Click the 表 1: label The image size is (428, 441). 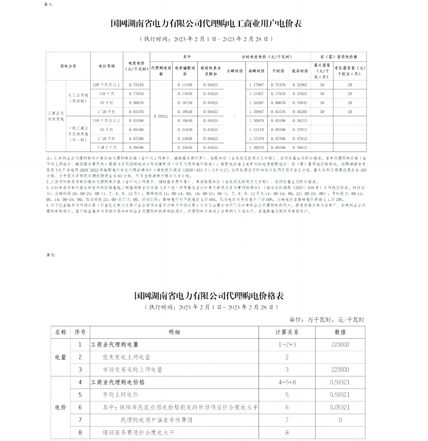(x=48, y=5)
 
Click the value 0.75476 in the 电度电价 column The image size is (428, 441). (x=136, y=85)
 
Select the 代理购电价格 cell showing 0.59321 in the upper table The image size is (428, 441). (x=161, y=116)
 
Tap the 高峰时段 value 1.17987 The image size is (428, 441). (x=256, y=85)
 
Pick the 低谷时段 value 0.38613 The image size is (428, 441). (x=300, y=147)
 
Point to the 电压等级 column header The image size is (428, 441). (x=107, y=66)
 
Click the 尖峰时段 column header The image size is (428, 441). (x=234, y=71)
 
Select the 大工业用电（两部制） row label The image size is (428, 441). (x=78, y=98)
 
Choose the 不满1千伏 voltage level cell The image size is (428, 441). (x=107, y=147)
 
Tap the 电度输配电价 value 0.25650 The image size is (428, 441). (x=185, y=147)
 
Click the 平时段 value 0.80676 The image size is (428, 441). (x=278, y=103)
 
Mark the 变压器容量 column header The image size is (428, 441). (x=350, y=71)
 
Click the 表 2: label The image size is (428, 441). (x=51, y=255)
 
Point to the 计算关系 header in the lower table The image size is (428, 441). (x=287, y=332)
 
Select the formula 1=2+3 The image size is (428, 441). (x=287, y=345)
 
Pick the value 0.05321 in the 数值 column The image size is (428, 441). (x=340, y=407)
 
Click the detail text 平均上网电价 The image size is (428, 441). (x=120, y=395)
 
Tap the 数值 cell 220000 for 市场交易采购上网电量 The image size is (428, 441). (x=340, y=370)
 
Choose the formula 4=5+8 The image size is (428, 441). (x=287, y=382)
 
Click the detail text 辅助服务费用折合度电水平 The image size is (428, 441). (x=138, y=433)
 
